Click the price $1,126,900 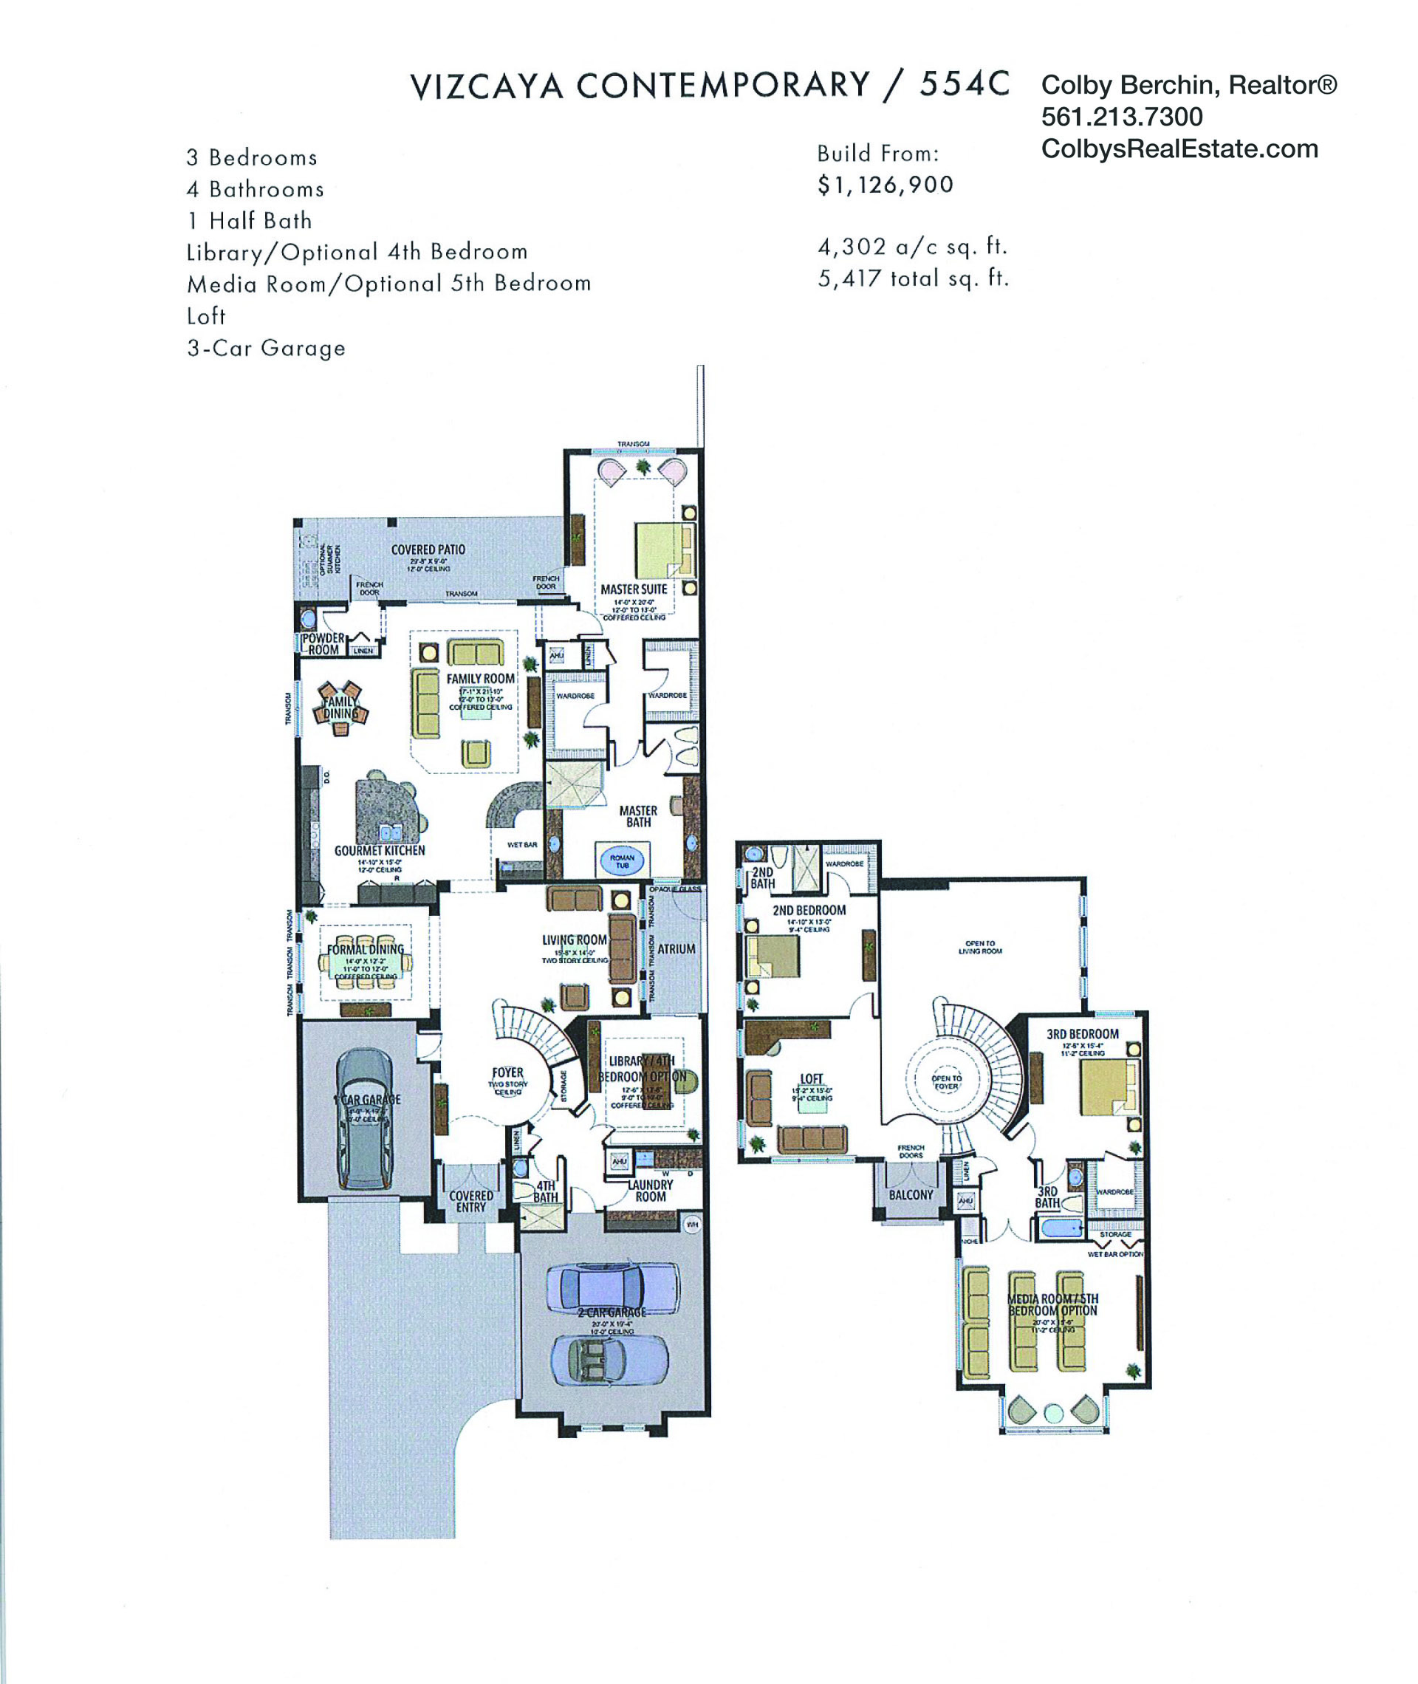[885, 185]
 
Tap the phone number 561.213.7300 [1121, 117]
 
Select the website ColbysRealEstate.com [1179, 148]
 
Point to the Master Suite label [634, 589]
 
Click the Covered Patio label [428, 550]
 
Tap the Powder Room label [323, 644]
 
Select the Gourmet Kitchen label [380, 850]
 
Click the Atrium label [676, 948]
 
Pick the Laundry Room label [651, 1191]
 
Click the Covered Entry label [471, 1201]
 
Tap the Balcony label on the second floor [911, 1195]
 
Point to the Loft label [811, 1080]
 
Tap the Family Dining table [340, 708]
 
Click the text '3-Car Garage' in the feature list [266, 348]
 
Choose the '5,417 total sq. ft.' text [912, 279]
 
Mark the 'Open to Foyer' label [946, 1082]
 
